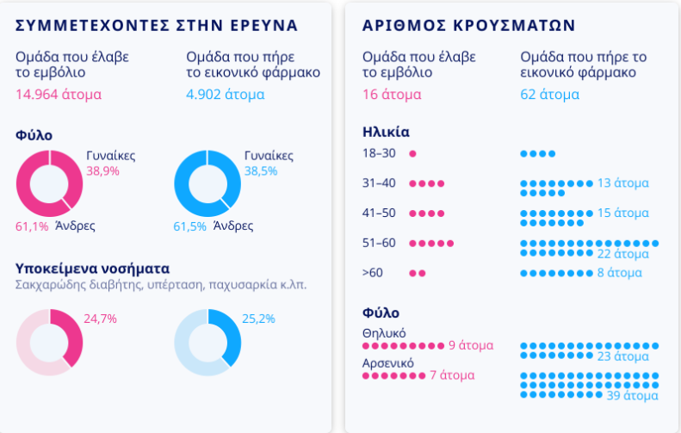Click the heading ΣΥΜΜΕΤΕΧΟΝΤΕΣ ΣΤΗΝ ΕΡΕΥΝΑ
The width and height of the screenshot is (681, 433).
click(x=157, y=25)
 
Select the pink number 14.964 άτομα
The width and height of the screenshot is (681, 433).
click(x=59, y=94)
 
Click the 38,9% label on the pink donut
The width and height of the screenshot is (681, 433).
click(x=102, y=171)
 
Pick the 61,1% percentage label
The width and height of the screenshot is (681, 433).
click(x=32, y=226)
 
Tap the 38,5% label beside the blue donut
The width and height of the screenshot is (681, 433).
click(x=261, y=171)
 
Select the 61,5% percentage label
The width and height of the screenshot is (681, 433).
click(x=190, y=226)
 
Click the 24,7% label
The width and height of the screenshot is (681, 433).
click(x=100, y=319)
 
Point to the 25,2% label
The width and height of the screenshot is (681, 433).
click(x=258, y=319)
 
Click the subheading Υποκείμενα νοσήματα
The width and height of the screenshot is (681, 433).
click(x=92, y=267)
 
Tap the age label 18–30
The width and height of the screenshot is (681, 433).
click(x=379, y=153)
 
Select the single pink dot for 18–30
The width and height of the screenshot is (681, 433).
click(x=412, y=154)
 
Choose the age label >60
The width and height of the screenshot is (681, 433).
click(x=373, y=272)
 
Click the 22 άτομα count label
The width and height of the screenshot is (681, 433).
click(x=622, y=254)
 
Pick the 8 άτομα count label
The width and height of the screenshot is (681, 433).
click(x=619, y=273)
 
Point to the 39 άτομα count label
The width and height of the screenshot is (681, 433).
click(x=633, y=395)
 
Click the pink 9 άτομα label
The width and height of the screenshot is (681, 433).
click(x=470, y=345)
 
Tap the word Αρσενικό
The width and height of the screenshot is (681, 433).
click(x=388, y=363)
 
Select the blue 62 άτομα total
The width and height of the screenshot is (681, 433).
click(x=549, y=94)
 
